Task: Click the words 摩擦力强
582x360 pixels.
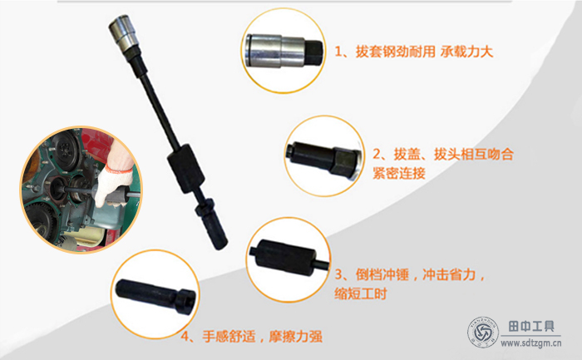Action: [x=295, y=337]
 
